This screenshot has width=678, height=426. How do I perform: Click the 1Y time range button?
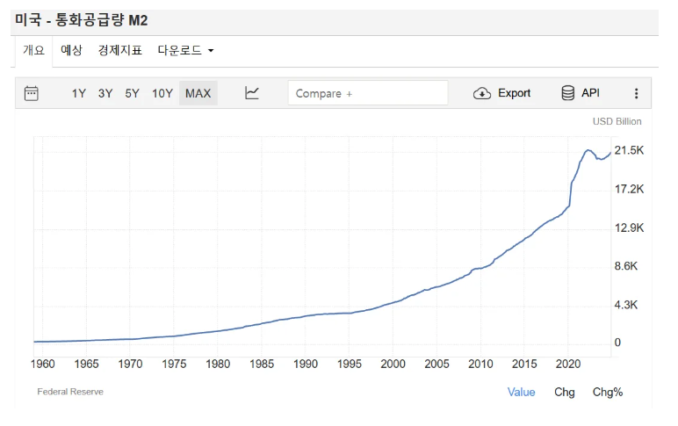point(79,93)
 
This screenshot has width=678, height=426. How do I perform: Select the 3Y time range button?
point(105,93)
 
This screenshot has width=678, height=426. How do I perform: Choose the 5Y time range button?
point(132,93)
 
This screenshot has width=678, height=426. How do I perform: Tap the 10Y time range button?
point(162,93)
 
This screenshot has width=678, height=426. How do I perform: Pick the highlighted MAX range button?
point(198,93)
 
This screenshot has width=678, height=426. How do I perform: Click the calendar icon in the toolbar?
point(32,93)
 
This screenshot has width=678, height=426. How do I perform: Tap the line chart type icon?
point(252,93)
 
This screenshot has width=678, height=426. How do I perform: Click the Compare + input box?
point(368,93)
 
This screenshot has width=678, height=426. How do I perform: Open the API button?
point(581,93)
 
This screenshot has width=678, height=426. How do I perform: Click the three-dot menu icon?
point(637,93)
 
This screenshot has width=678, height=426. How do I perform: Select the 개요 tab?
point(33,51)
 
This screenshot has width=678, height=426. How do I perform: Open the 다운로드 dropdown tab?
point(185,51)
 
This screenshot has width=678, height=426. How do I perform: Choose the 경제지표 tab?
point(119,51)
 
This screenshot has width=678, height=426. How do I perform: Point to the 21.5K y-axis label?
point(629,151)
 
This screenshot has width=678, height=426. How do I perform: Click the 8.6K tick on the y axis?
point(629,266)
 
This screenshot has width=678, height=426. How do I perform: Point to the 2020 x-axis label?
point(568,364)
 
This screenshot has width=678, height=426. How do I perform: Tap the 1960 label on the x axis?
point(42,364)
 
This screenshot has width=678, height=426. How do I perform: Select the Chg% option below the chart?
point(608,392)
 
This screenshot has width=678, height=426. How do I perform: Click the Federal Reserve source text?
point(70,392)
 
